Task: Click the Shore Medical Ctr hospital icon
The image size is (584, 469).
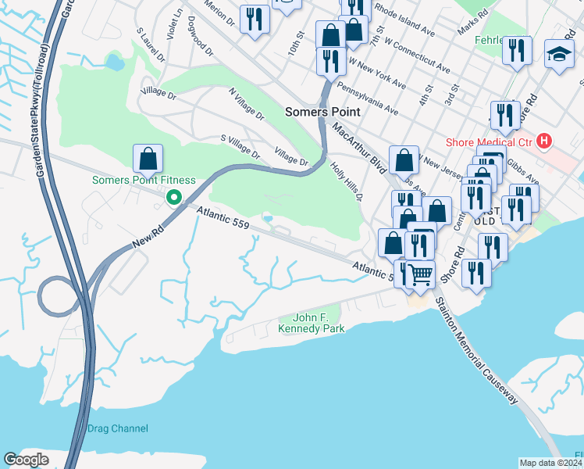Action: pos(544,141)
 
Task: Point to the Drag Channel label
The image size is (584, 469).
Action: pos(117,428)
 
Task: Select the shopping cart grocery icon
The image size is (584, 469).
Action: pos(421,275)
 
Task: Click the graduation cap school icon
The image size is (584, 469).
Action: pos(559,54)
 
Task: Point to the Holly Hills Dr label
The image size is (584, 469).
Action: pos(347,181)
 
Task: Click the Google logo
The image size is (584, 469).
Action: pos(26,460)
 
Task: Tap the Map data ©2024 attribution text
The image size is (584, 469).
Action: pos(550,462)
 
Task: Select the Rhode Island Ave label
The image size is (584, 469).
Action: pos(404,20)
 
